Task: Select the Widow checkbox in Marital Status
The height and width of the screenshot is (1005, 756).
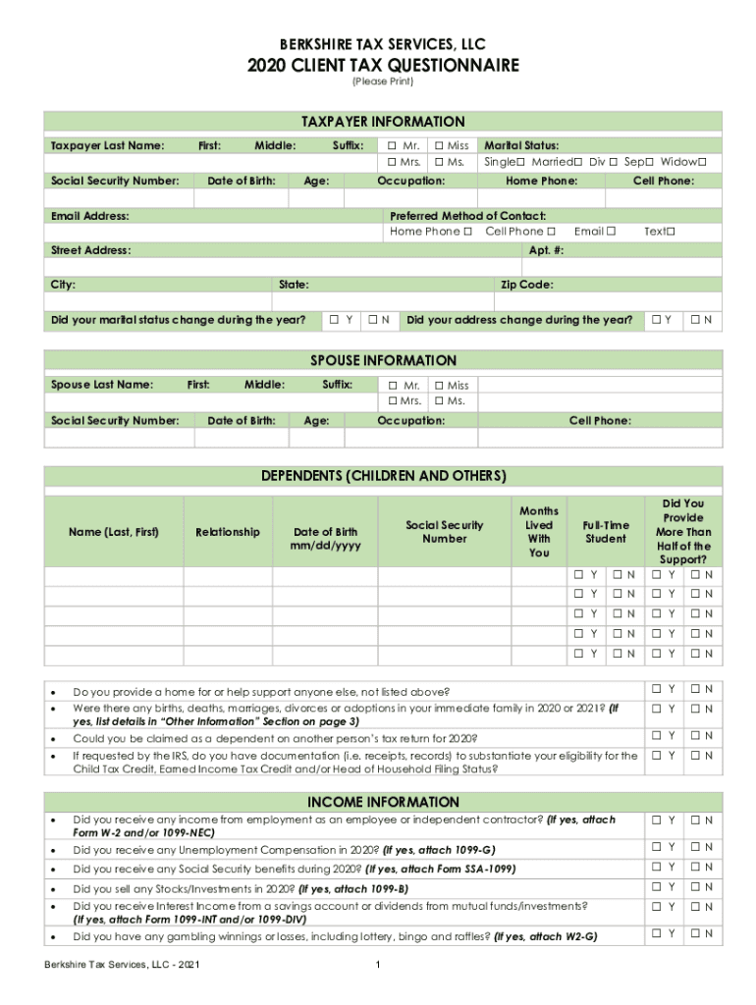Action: [x=702, y=162]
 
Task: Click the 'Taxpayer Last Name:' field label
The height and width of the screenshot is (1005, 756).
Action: [x=107, y=146]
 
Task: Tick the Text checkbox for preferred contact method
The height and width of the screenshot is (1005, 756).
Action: [x=672, y=232]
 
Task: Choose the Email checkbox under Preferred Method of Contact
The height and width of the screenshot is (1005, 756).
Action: [x=611, y=232]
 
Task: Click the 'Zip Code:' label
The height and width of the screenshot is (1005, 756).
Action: [x=527, y=286]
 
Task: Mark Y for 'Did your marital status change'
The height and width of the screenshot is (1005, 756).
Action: [x=335, y=320]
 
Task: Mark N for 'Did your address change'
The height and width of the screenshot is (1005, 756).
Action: [x=694, y=320]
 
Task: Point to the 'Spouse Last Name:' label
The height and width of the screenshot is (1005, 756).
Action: [x=102, y=385]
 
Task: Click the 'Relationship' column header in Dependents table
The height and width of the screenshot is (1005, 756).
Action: [x=228, y=532]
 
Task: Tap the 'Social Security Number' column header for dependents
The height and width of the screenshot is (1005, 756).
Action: [x=445, y=532]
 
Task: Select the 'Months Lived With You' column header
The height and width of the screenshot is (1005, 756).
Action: [x=539, y=532]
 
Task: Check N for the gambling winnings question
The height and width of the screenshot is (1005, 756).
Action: [x=694, y=934]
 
